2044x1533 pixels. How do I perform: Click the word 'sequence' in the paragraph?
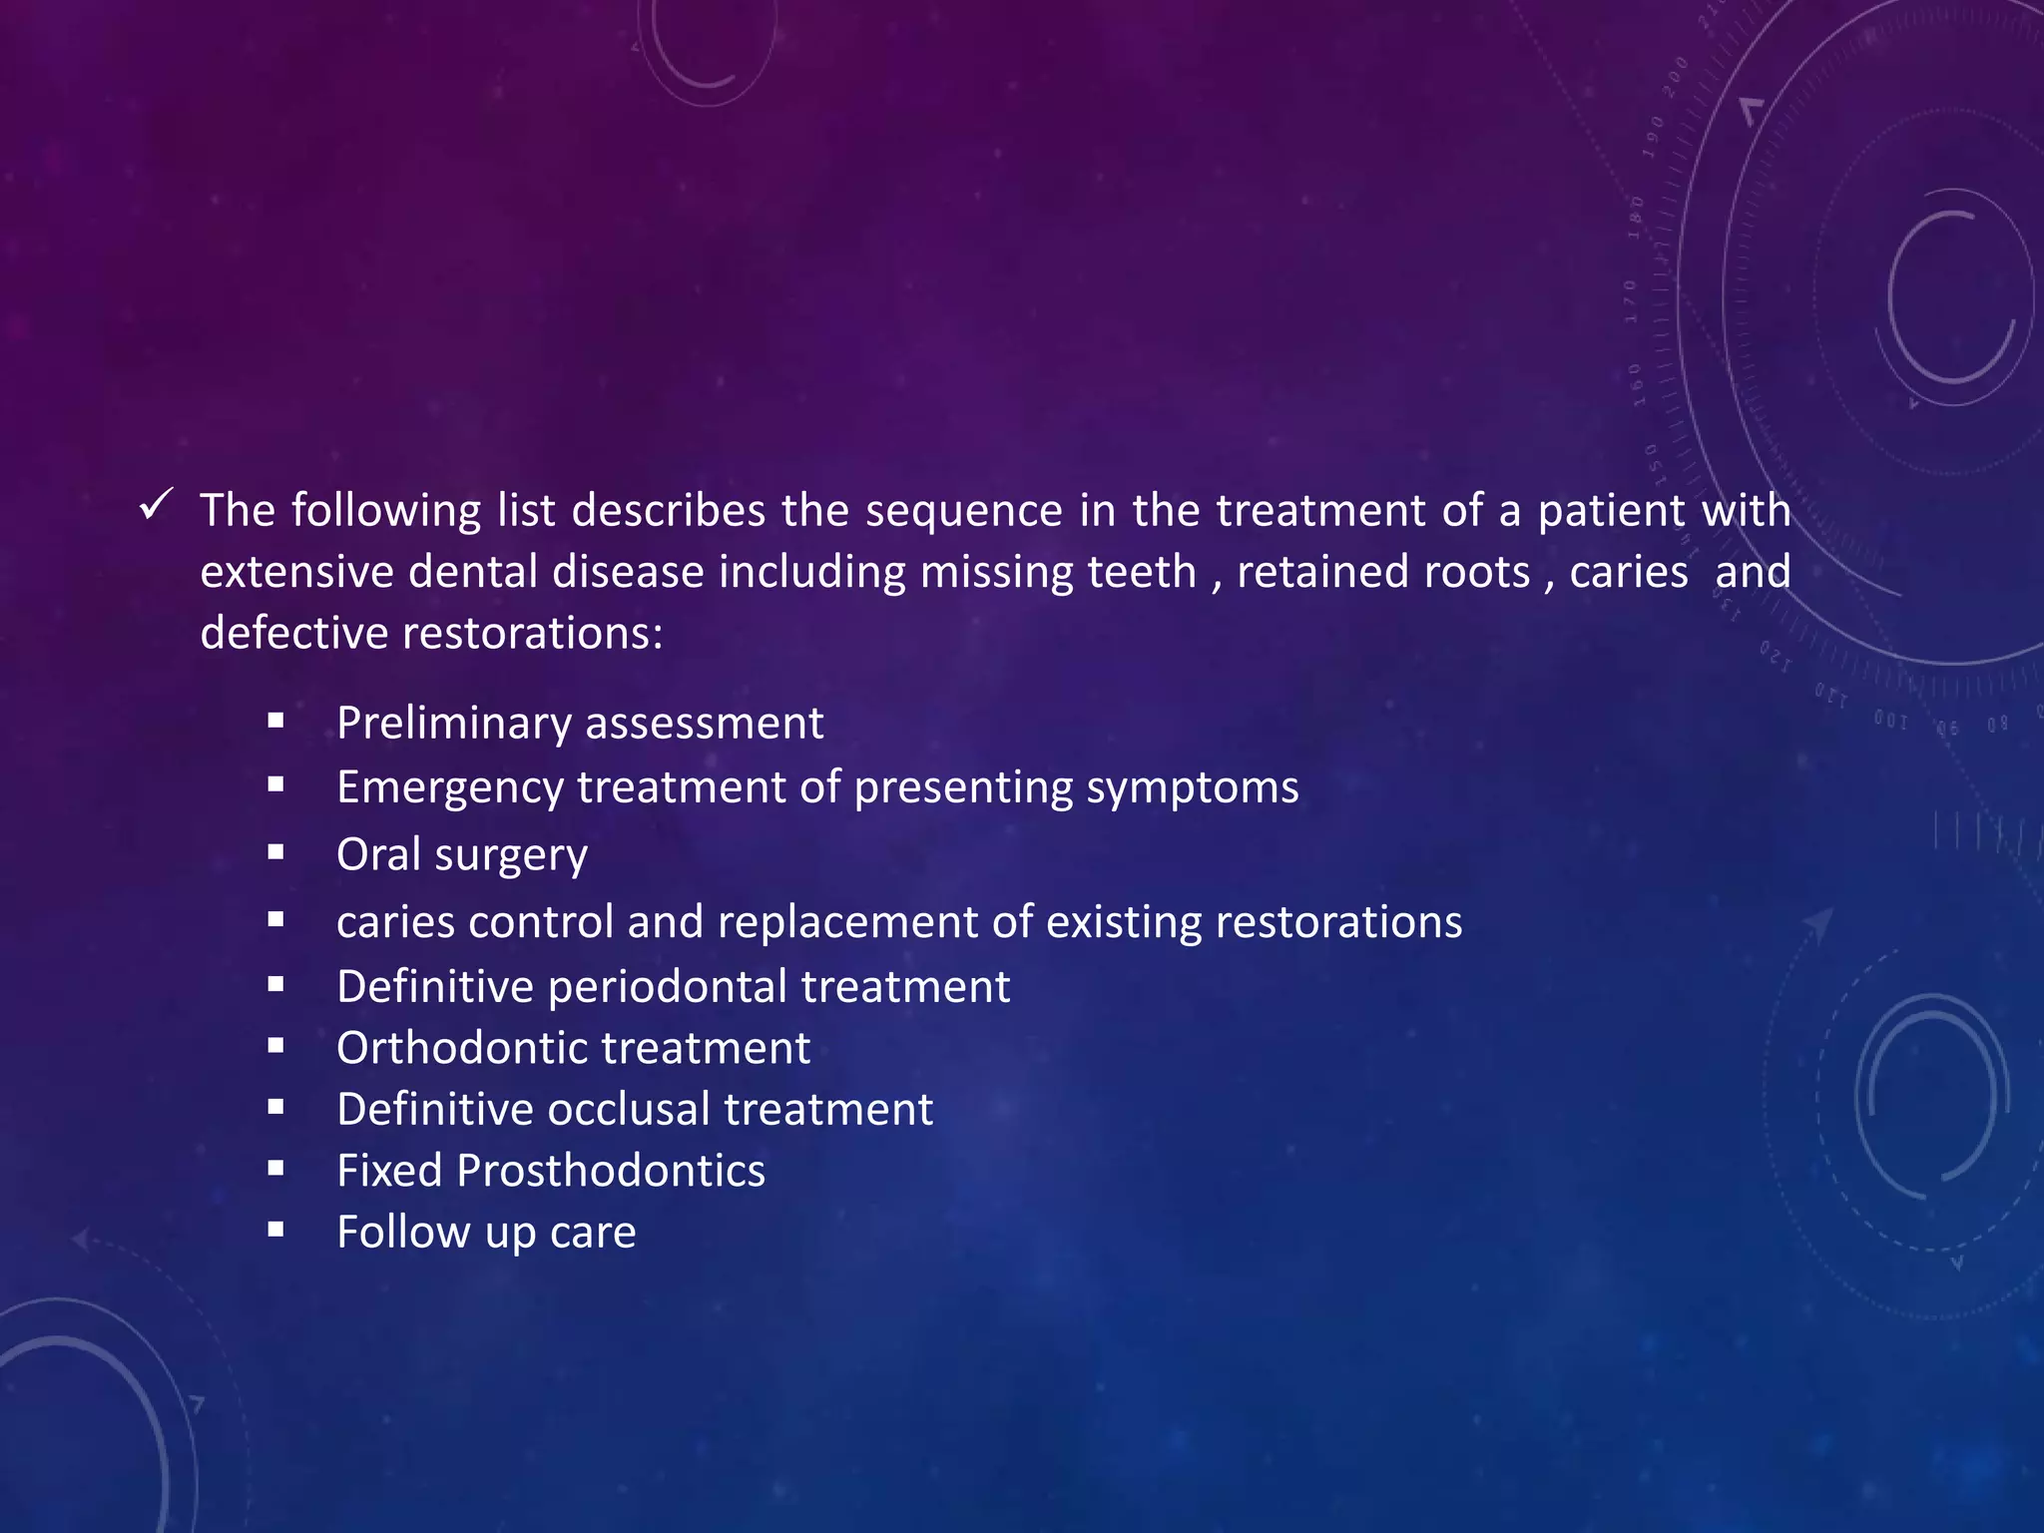[963, 511]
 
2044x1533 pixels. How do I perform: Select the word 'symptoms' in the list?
[1193, 788]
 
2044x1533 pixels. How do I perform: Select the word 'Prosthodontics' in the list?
[611, 1172]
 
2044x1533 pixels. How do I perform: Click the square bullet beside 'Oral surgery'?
[276, 852]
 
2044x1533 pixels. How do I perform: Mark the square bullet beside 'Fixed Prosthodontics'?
[276, 1169]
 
